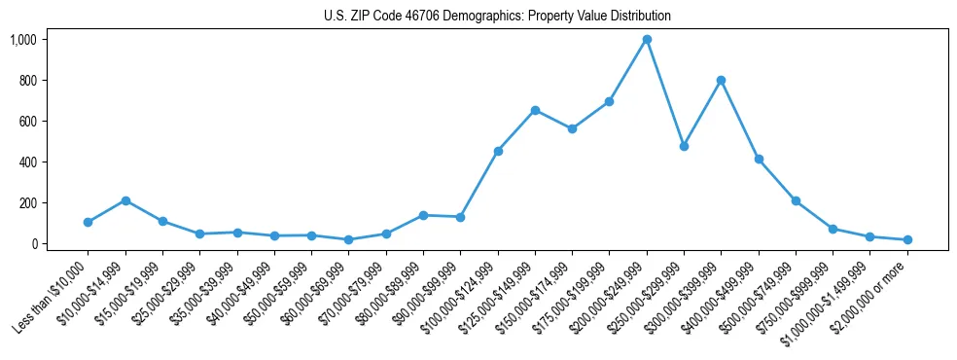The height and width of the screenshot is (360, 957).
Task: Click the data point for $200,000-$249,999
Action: (647, 40)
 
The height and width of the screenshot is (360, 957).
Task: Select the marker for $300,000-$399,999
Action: (721, 81)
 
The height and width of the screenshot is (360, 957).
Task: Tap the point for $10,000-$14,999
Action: (125, 200)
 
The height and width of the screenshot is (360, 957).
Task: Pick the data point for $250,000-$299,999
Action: (684, 146)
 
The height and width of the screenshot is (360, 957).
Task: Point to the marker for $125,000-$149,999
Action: (535, 110)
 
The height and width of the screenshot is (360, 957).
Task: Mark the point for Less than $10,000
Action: (89, 222)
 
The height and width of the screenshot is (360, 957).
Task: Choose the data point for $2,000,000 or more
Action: (907, 239)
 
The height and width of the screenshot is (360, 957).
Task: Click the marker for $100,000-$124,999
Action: (498, 151)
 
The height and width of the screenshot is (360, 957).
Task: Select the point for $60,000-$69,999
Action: (349, 239)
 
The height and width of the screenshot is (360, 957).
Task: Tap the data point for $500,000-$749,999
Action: (796, 201)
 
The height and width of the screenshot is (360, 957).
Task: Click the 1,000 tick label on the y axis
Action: (23, 40)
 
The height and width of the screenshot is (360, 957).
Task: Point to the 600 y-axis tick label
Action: (27, 122)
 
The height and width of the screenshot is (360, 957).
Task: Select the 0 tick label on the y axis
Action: (33, 244)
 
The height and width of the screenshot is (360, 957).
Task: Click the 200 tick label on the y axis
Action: (27, 203)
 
